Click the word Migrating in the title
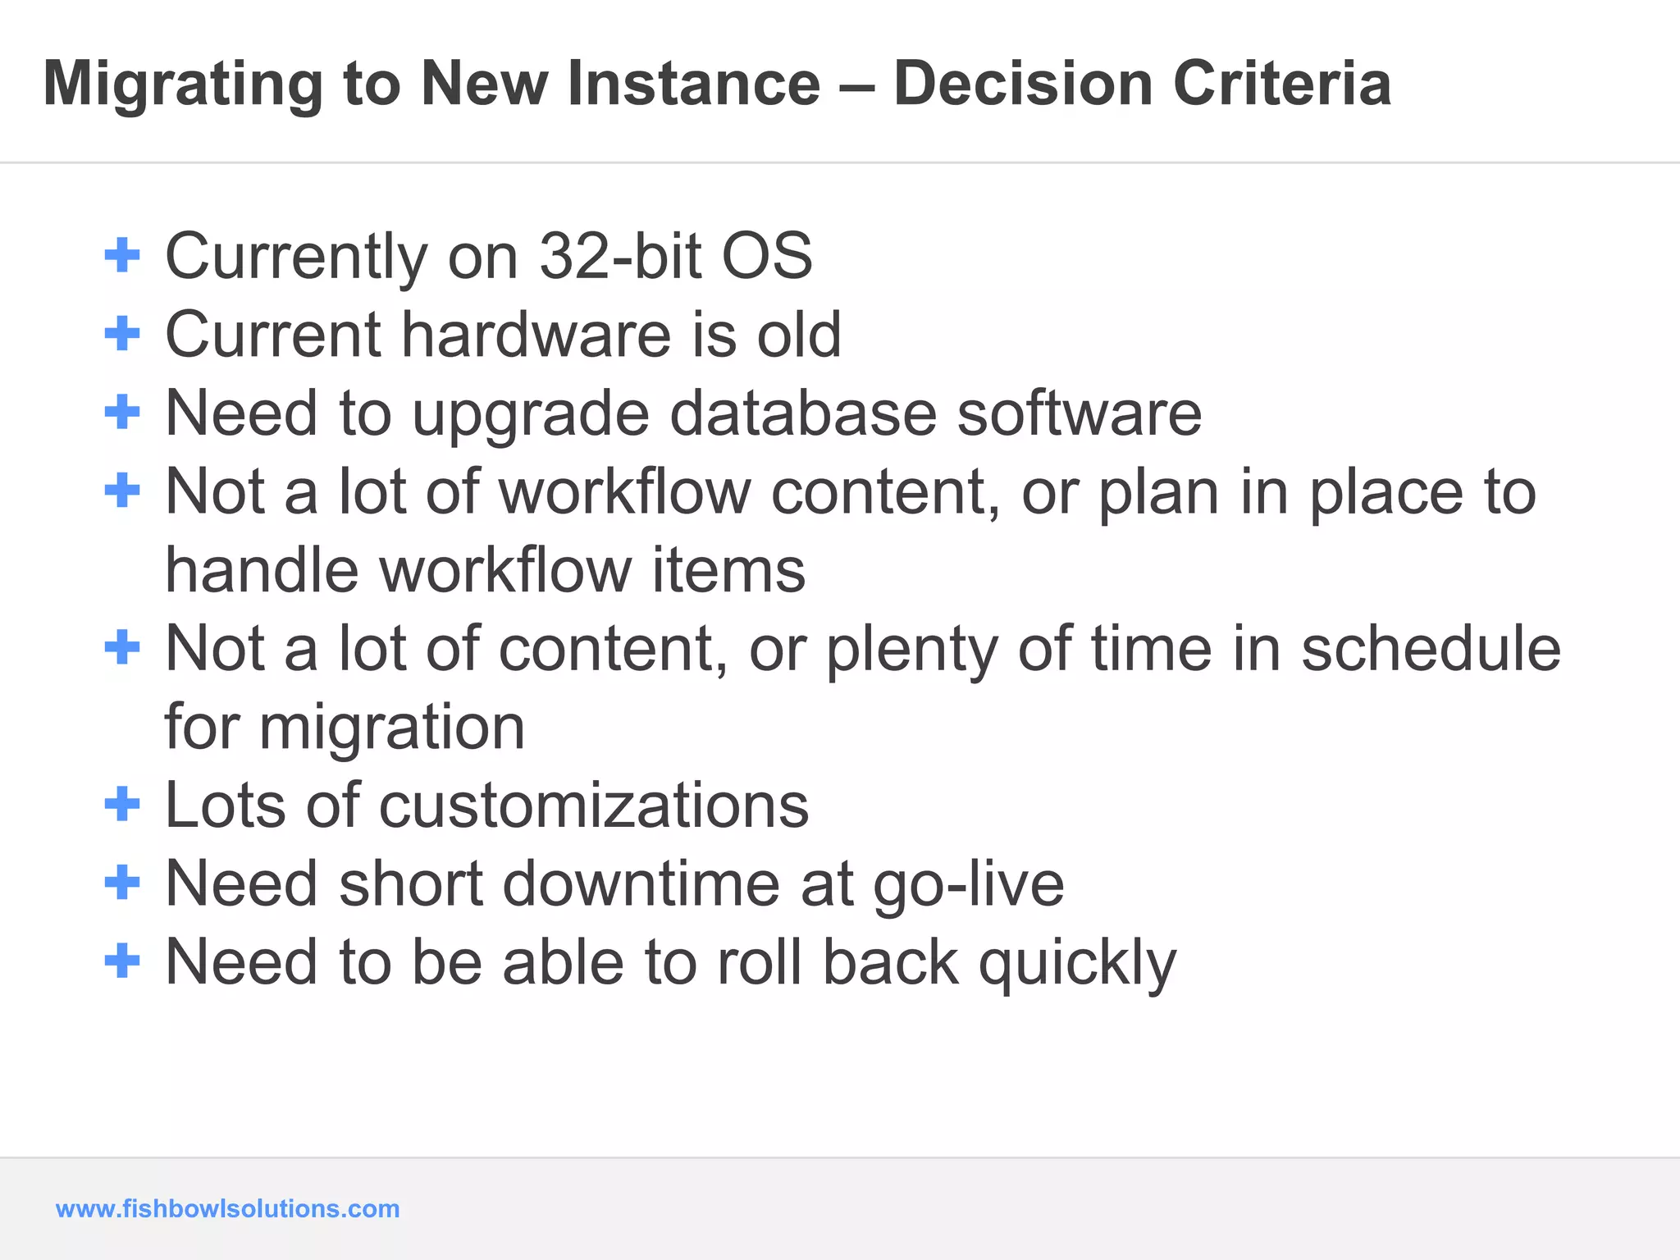[183, 84]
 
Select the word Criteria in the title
[1281, 84]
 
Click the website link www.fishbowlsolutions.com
[227, 1208]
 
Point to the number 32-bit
[621, 256]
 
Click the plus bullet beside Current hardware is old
[122, 334]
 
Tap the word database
[802, 413]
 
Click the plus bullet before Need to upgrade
[122, 412]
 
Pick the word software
[1080, 413]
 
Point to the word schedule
[1431, 648]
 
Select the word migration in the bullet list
[392, 728]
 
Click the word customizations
[594, 805]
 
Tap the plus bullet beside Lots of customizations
[122, 804]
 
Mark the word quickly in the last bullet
[1077, 964]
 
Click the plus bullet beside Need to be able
[122, 961]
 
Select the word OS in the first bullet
[766, 256]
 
